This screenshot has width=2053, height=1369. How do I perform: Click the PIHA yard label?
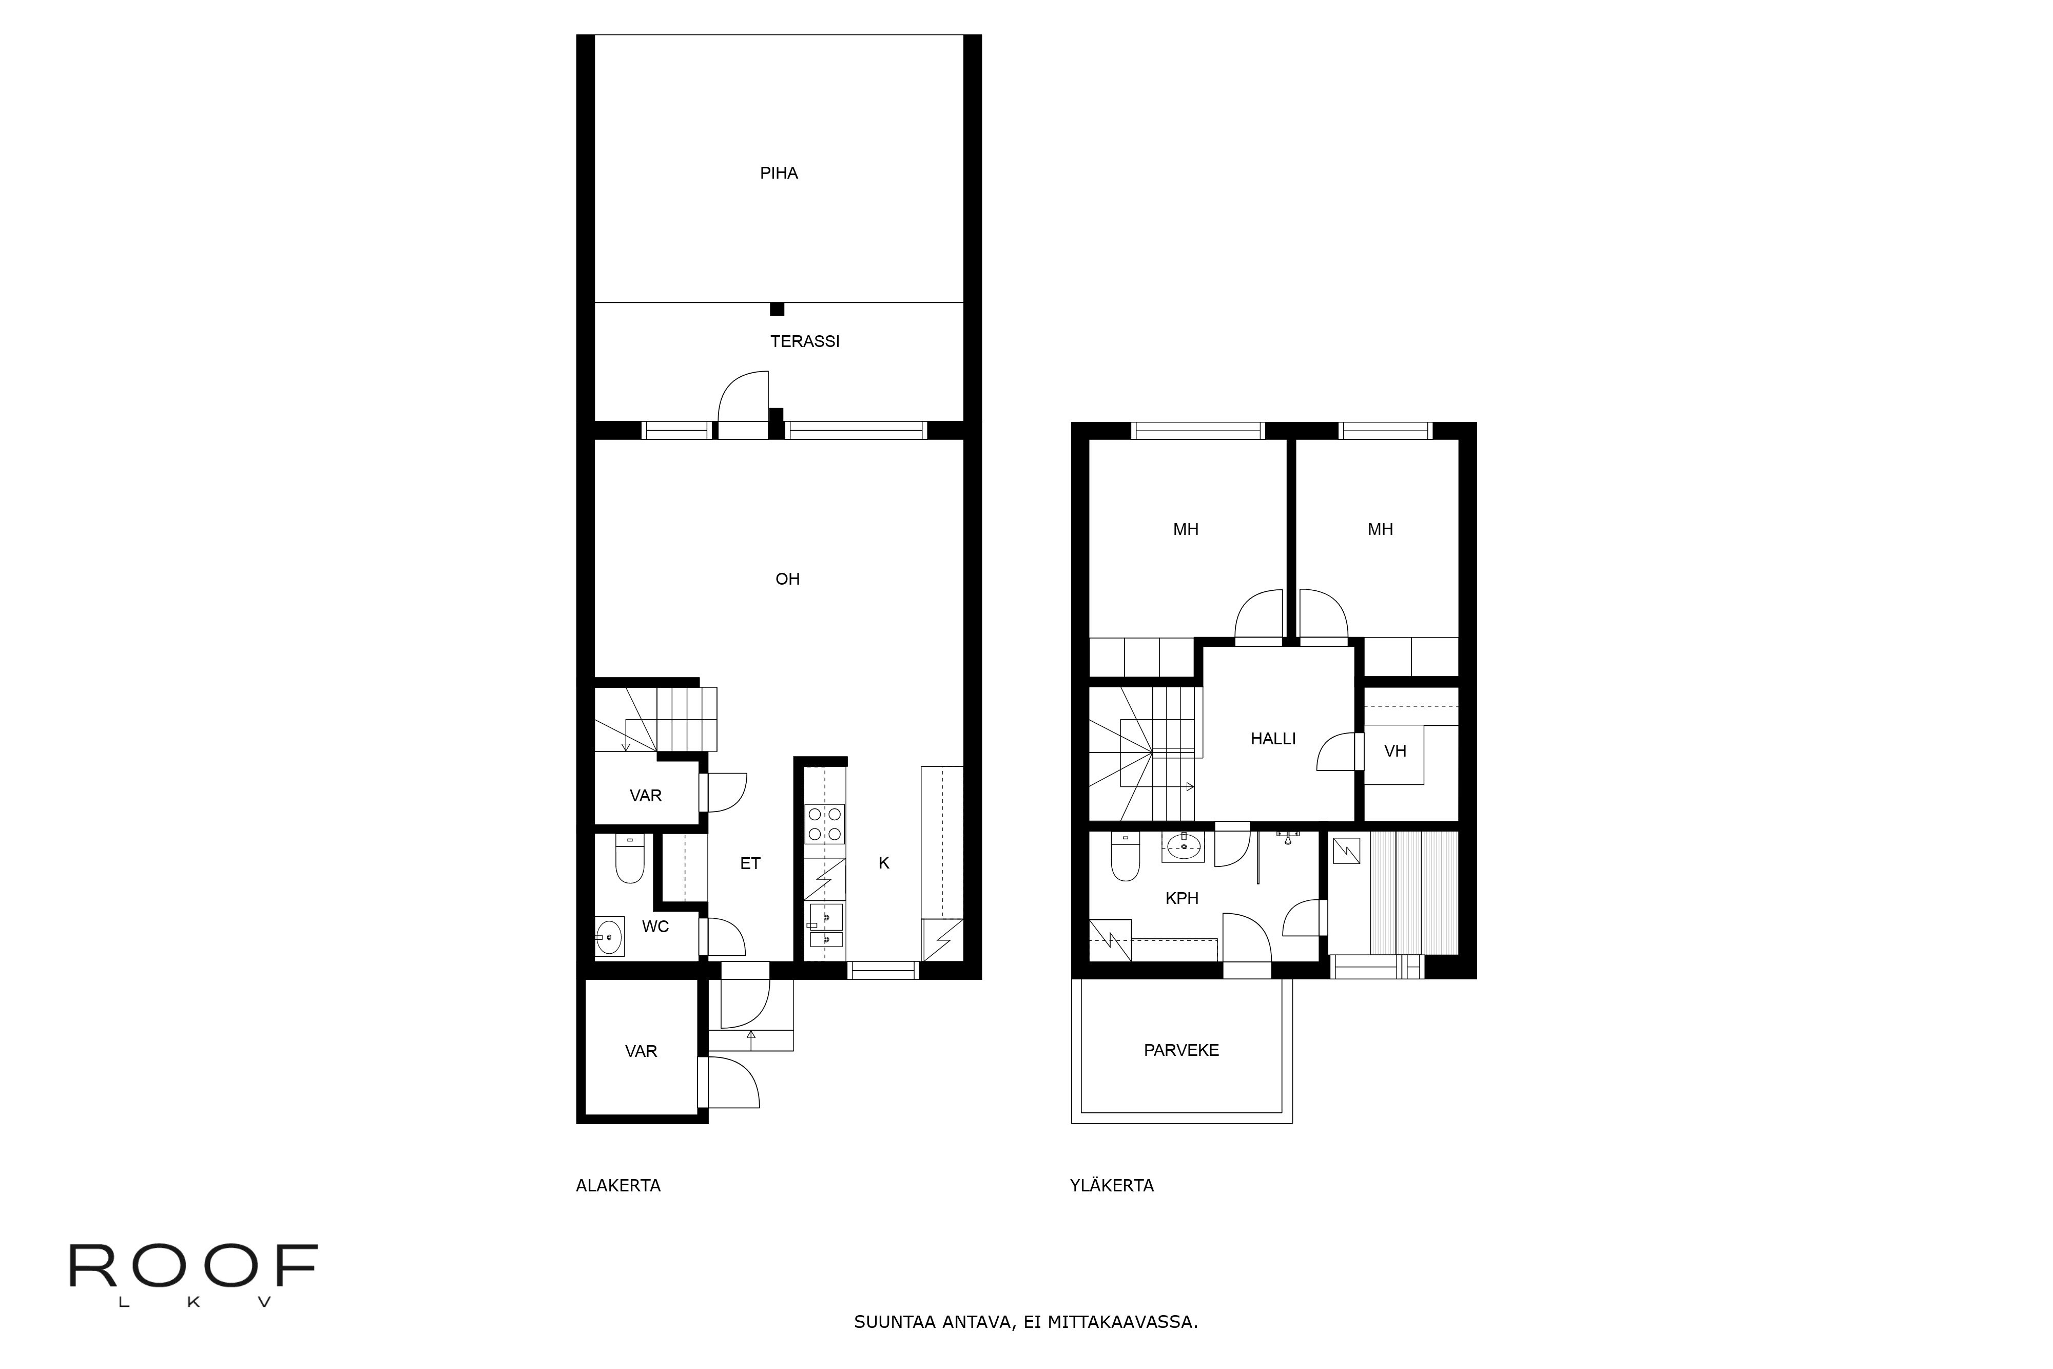click(x=779, y=173)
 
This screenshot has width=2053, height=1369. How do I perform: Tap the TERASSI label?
click(x=805, y=341)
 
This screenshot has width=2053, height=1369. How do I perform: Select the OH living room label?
click(x=787, y=579)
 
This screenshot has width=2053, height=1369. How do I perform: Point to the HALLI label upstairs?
click(x=1273, y=739)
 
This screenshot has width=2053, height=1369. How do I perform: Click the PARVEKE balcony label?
click(x=1181, y=1050)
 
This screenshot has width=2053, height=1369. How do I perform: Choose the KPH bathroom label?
click(x=1182, y=898)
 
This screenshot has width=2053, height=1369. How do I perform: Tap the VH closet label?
click(x=1395, y=751)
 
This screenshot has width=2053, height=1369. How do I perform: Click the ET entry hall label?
click(x=750, y=863)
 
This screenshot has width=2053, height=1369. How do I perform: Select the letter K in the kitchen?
click(x=883, y=862)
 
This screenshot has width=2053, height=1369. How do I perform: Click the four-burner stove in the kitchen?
click(x=825, y=823)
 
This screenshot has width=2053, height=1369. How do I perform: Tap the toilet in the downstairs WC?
click(x=629, y=859)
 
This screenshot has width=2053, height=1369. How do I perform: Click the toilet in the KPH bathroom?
click(x=1125, y=857)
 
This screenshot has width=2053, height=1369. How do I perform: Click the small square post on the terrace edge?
click(x=777, y=309)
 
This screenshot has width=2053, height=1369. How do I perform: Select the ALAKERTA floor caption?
click(x=618, y=1186)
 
